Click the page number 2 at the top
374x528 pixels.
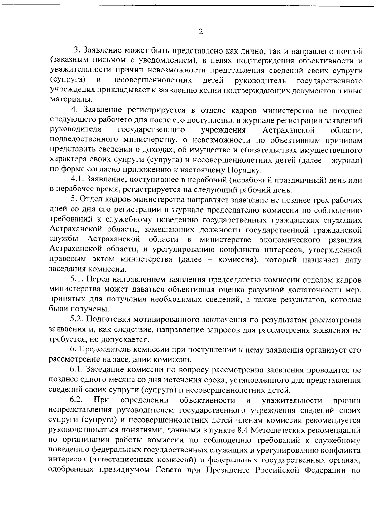[x=201, y=32]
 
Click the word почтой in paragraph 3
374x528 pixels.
[x=349, y=50]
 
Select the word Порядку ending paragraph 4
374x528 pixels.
[x=245, y=170]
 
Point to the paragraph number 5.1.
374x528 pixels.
[x=77, y=280]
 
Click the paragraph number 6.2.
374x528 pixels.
[x=76, y=400]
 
